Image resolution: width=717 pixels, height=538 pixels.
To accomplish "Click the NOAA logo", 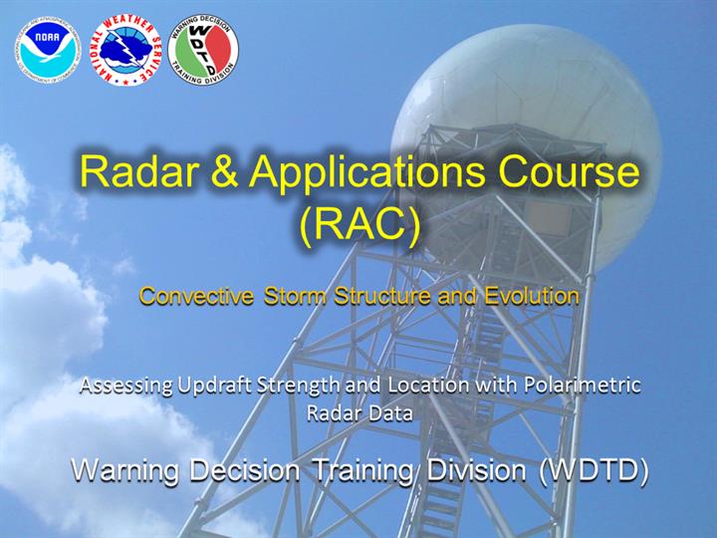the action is point(47,50).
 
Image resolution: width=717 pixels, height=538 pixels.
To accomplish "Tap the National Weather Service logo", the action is point(125,50).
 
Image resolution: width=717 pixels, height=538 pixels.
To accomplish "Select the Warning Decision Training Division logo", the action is point(203,50).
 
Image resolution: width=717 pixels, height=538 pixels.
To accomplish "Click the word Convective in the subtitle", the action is point(196,296).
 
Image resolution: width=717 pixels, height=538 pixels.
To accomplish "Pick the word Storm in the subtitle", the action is point(295,296).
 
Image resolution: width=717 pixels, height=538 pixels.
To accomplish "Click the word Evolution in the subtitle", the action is point(532,296).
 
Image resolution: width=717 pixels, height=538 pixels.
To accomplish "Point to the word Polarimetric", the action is point(583,386).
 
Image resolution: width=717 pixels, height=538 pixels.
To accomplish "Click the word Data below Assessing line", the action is point(386,413).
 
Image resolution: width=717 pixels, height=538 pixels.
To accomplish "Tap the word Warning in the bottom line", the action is point(124,471).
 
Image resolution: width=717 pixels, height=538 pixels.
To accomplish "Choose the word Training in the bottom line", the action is point(362,471).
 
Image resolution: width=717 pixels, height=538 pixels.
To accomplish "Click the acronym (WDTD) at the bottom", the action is point(594,470).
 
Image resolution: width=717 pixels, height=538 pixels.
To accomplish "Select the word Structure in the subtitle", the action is point(382,296).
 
